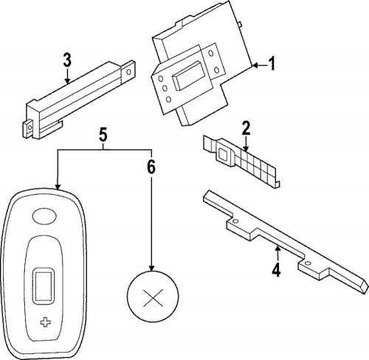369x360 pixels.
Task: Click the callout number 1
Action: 271,65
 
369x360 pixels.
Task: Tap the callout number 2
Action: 246,127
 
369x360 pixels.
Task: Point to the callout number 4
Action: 275,270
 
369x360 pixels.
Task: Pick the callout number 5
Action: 103,134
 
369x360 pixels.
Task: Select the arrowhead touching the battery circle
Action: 151,269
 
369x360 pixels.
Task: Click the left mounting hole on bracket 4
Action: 235,221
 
